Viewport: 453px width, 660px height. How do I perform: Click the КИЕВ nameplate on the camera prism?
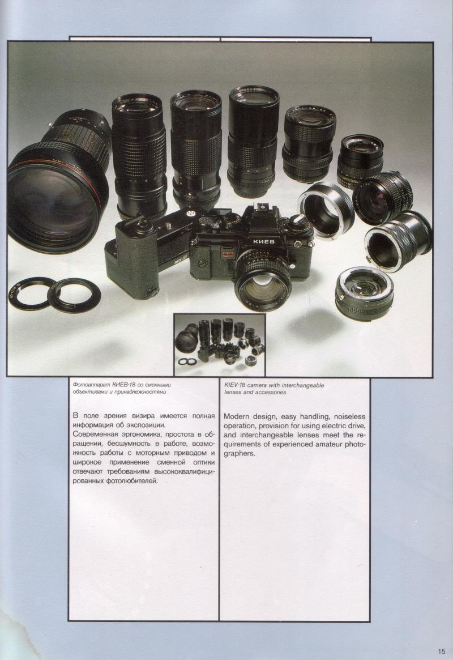pos(263,241)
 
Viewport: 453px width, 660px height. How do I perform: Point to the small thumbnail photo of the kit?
pos(220,345)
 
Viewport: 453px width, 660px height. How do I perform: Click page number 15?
pos(441,651)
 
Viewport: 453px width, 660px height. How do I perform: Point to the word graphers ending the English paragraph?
pos(239,454)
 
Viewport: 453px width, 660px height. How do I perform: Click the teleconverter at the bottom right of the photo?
pos(364,289)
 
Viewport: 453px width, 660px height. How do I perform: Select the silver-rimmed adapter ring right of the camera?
pos(326,207)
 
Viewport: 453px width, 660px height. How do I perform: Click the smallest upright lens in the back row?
pos(360,156)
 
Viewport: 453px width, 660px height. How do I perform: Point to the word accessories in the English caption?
pos(271,392)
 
